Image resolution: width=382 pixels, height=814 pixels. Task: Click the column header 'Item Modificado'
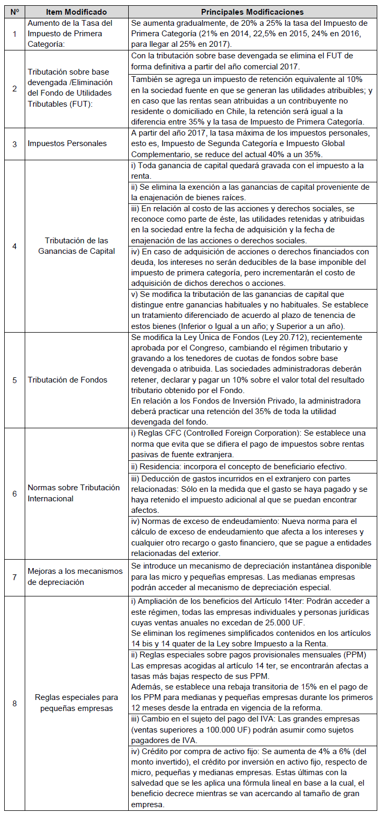tap(76, 12)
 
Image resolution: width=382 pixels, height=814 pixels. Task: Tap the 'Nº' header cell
tap(14, 12)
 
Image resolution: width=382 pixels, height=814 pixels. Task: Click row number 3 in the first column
tap(14, 143)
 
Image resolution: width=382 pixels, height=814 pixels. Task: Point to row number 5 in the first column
tap(14, 380)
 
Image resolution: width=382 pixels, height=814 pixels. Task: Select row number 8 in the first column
tap(14, 703)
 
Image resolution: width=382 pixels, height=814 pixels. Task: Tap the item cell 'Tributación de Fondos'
tap(67, 380)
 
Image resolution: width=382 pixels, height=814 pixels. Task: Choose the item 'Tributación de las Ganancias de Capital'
tap(76, 246)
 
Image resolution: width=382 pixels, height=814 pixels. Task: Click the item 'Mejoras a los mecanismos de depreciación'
tap(75, 576)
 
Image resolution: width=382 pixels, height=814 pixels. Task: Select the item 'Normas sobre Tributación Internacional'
tap(74, 493)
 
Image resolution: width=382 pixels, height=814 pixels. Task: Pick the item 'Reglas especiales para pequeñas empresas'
tap(76, 703)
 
